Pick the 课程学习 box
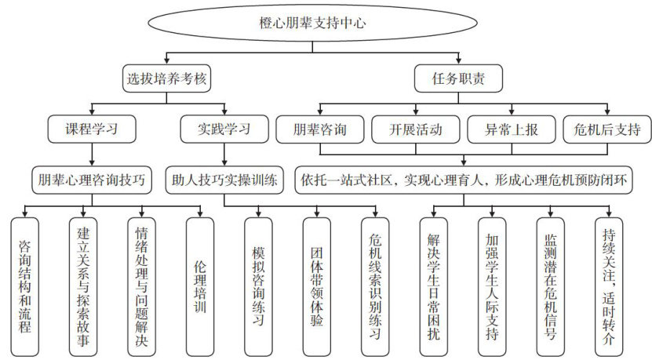point(93,129)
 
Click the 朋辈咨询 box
point(319,129)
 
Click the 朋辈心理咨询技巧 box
point(92,179)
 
